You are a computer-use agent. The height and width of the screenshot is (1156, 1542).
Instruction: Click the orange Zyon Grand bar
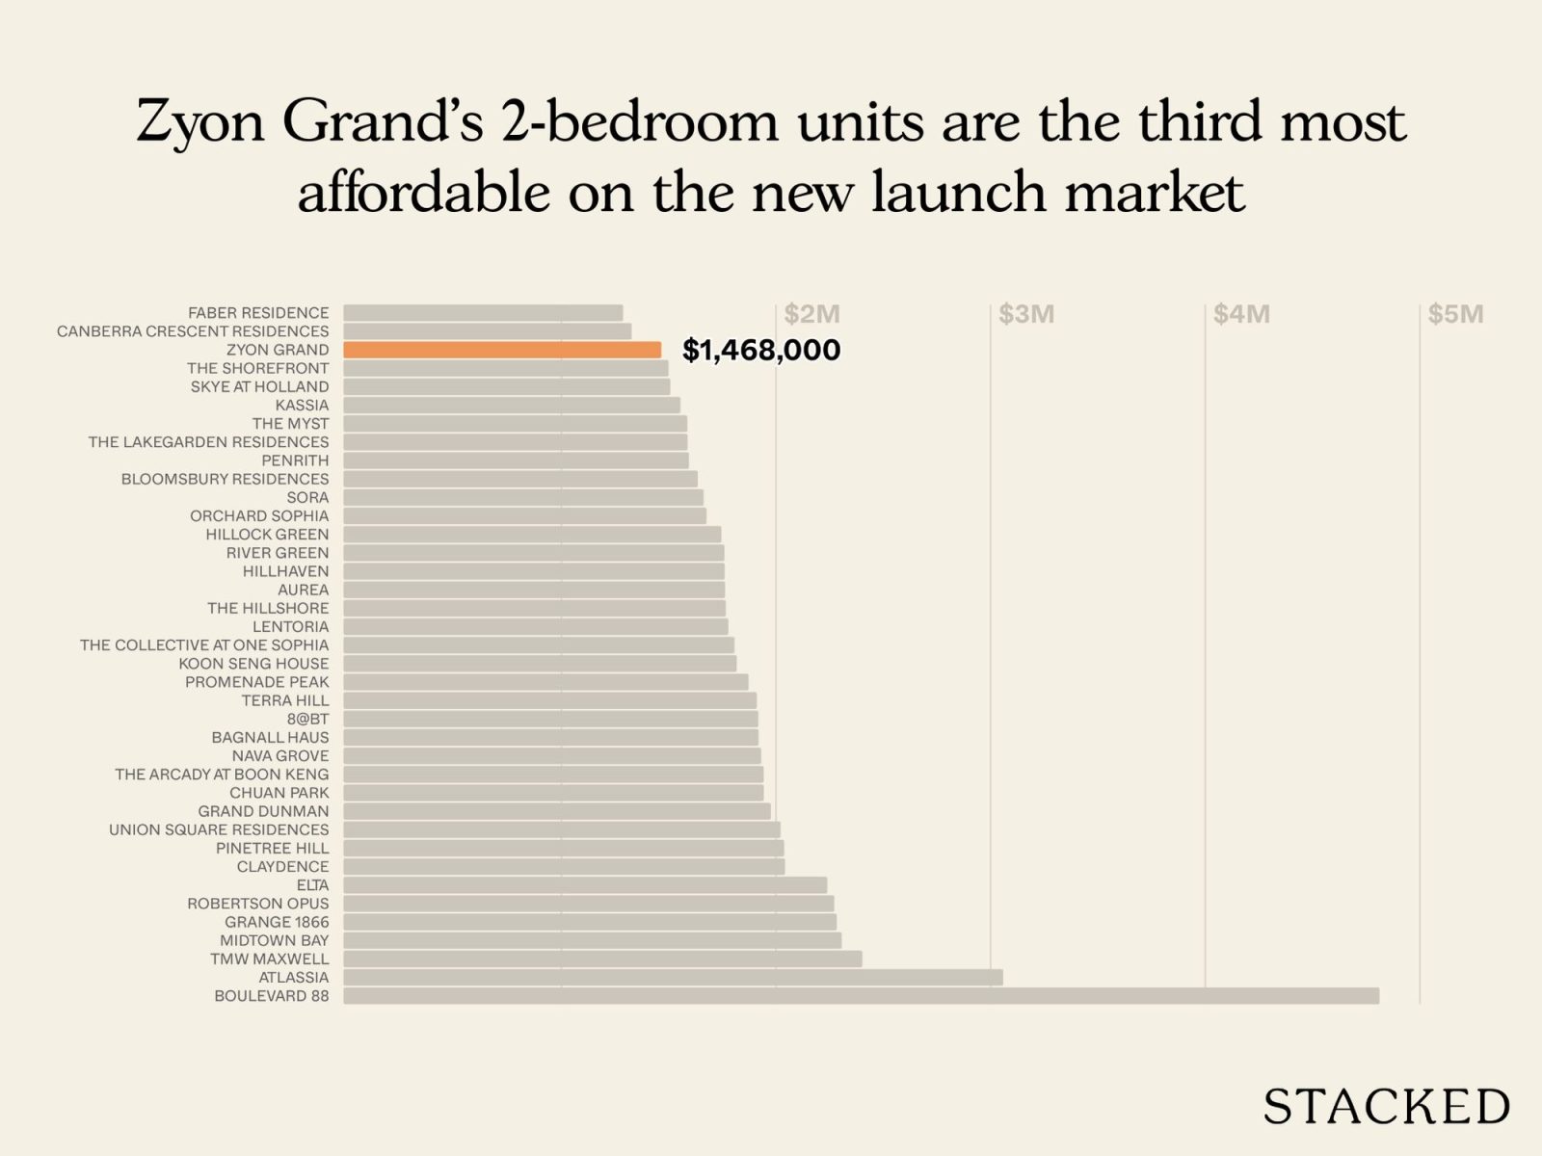(x=502, y=350)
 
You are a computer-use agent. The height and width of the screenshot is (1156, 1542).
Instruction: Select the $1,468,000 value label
(x=761, y=350)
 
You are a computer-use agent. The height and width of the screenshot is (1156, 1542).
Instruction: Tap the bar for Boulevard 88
(x=861, y=995)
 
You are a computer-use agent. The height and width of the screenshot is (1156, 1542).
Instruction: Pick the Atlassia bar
(x=673, y=977)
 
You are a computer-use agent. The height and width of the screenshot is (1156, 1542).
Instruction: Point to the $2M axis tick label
(x=811, y=314)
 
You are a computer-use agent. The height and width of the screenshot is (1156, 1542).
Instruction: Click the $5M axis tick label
(x=1455, y=314)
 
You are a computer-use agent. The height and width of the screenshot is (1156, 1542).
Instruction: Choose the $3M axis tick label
(x=1026, y=314)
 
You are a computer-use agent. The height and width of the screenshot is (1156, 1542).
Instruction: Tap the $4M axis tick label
(x=1241, y=314)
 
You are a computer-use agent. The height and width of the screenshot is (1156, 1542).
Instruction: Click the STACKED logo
(x=1386, y=1106)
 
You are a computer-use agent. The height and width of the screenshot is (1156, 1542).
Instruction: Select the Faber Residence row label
(x=258, y=313)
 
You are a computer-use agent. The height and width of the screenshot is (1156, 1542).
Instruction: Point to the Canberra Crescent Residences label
(x=193, y=331)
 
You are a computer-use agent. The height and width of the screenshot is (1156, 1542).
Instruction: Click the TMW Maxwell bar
(x=602, y=959)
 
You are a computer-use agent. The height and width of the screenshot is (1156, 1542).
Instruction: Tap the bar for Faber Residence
(x=483, y=313)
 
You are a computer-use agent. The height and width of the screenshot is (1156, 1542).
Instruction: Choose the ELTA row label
(x=312, y=884)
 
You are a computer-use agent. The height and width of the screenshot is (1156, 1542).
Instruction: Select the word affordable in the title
(x=423, y=193)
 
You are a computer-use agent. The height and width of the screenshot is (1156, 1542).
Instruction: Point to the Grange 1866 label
(x=277, y=922)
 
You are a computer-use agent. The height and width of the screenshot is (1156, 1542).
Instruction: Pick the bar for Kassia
(x=512, y=406)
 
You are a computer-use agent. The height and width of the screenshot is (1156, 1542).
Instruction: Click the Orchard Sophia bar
(x=524, y=515)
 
